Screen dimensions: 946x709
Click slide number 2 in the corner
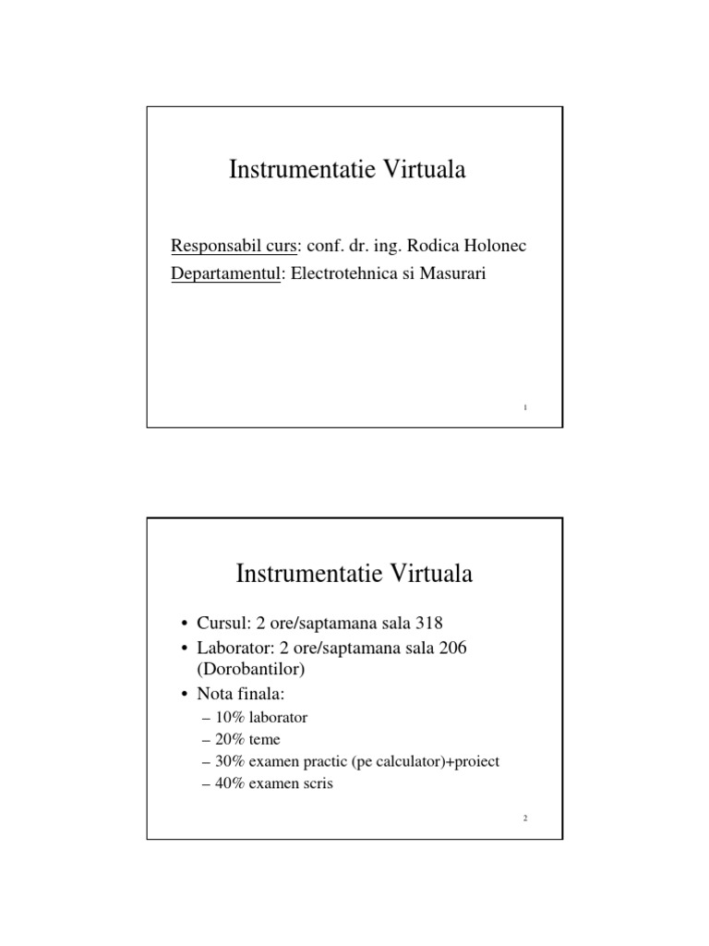[523, 819]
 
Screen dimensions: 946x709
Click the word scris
[311, 784]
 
